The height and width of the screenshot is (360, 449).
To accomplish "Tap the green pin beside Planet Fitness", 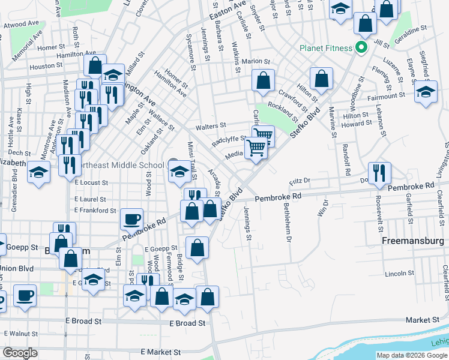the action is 361,47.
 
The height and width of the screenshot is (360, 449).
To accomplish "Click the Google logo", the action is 19,353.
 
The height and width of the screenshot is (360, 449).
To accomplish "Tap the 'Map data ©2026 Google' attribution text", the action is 412,355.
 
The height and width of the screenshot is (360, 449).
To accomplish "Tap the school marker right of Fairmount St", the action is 426,93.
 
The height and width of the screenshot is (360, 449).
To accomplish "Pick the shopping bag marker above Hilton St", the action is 322,80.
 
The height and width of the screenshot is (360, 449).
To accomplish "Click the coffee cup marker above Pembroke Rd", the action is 131,220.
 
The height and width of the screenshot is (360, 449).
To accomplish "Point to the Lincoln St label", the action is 397,274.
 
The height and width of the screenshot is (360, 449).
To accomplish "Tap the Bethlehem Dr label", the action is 288,222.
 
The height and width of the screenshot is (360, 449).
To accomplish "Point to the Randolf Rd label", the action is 346,159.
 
